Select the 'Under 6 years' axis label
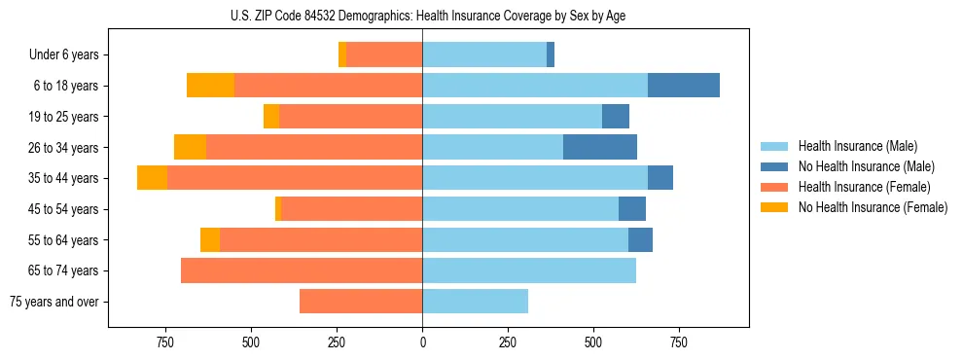pyautogui.click(x=69, y=55)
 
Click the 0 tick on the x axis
pyautogui.click(x=422, y=342)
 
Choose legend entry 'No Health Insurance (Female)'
pyautogui.click(x=873, y=207)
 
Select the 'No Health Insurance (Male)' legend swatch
pyautogui.click(x=775, y=166)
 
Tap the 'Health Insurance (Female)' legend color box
pyautogui.click(x=775, y=187)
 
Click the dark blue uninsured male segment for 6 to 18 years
pyautogui.click(x=684, y=86)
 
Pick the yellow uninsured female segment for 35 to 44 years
pyautogui.click(x=152, y=178)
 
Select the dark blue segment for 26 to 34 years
pyautogui.click(x=600, y=147)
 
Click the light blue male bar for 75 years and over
pyautogui.click(x=475, y=302)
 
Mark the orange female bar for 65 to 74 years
pyautogui.click(x=302, y=270)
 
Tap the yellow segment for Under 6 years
pyautogui.click(x=342, y=55)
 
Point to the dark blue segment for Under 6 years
pyautogui.click(x=551, y=55)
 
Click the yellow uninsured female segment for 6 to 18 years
pyautogui.click(x=210, y=86)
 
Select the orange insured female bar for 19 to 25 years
pyautogui.click(x=350, y=117)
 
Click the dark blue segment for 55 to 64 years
pyautogui.click(x=640, y=239)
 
